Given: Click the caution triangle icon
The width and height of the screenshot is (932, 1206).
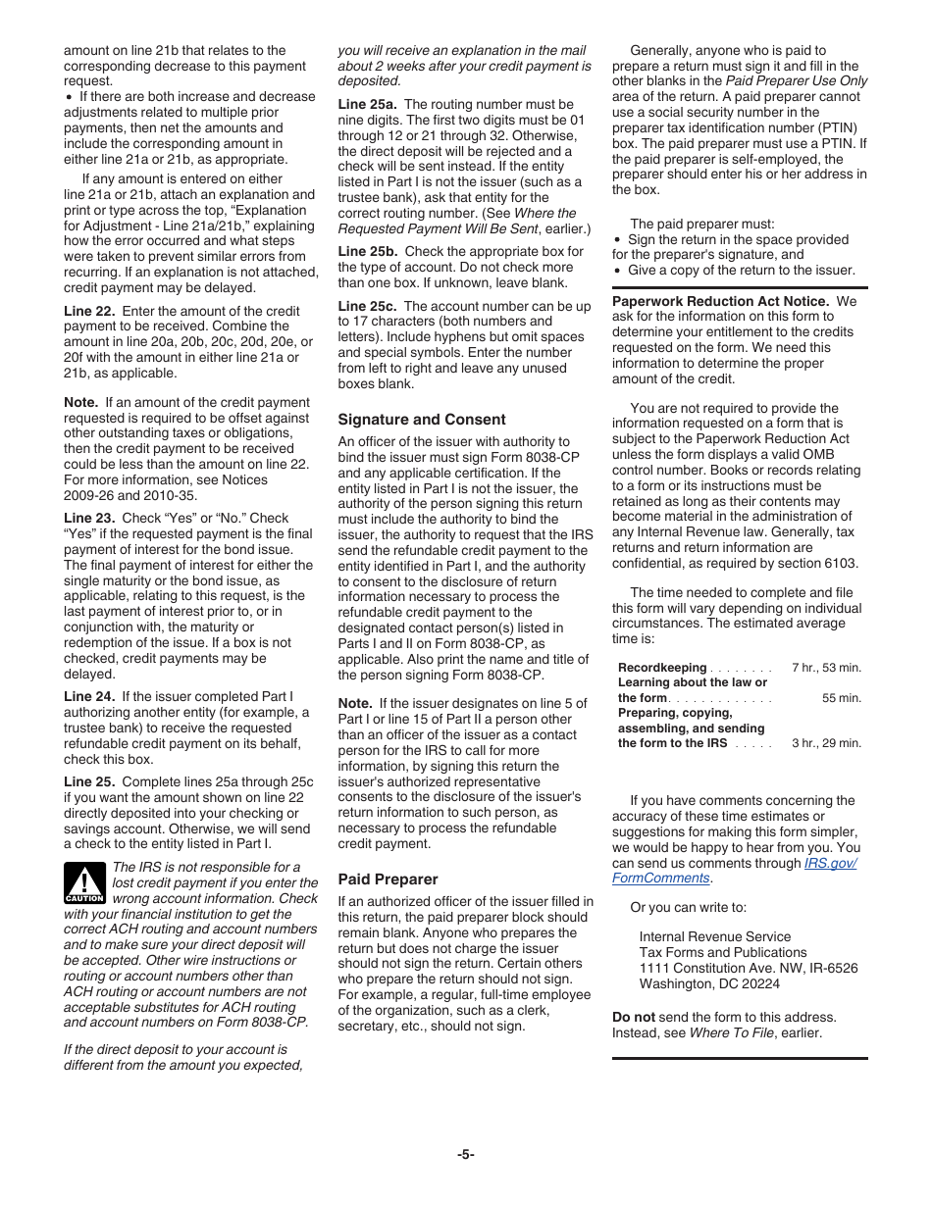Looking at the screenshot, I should pos(84,882).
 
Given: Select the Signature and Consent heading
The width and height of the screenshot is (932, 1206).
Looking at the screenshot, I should pos(422,419).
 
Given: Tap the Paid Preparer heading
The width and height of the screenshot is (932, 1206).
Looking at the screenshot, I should pos(388,879).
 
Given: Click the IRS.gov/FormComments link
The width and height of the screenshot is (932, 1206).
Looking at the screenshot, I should pos(830,864).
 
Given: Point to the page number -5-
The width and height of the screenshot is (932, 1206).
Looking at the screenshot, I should pos(465,1154).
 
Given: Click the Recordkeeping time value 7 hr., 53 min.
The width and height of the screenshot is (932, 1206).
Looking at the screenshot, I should pos(826,668).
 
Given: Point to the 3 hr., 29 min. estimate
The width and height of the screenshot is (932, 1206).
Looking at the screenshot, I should pos(826,743).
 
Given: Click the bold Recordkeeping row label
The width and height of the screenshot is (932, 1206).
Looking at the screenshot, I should pos(662,668).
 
